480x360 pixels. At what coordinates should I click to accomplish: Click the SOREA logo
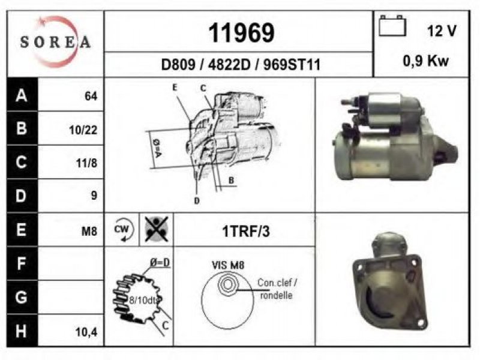pos(55,42)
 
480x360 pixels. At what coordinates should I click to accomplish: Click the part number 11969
pos(241,33)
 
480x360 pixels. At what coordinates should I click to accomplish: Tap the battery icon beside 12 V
pos(392,26)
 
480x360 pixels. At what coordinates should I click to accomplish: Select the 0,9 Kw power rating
pos(426,61)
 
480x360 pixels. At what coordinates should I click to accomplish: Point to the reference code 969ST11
pos(292,65)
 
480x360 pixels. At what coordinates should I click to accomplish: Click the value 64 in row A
pos(91,96)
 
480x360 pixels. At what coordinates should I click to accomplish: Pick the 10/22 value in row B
pos(83,130)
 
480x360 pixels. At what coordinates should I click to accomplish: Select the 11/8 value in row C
pos(86,163)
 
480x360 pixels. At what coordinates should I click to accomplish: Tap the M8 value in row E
pos(89,232)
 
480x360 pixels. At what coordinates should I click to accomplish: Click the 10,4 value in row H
pos(86,332)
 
